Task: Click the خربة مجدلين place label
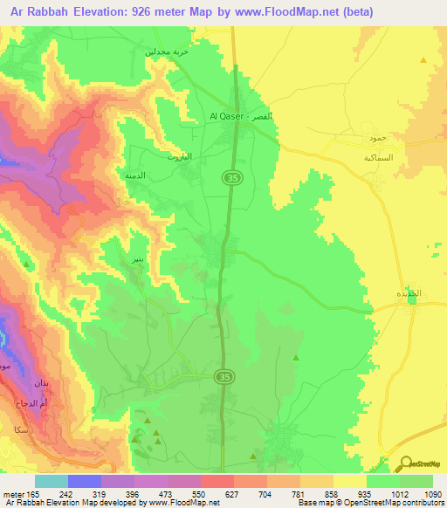click(167, 52)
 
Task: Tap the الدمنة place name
click(135, 175)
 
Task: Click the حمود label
click(376, 140)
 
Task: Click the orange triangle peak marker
click(423, 60)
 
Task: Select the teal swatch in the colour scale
click(51, 481)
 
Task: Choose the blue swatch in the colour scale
click(84, 481)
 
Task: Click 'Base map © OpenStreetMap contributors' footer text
click(370, 503)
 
